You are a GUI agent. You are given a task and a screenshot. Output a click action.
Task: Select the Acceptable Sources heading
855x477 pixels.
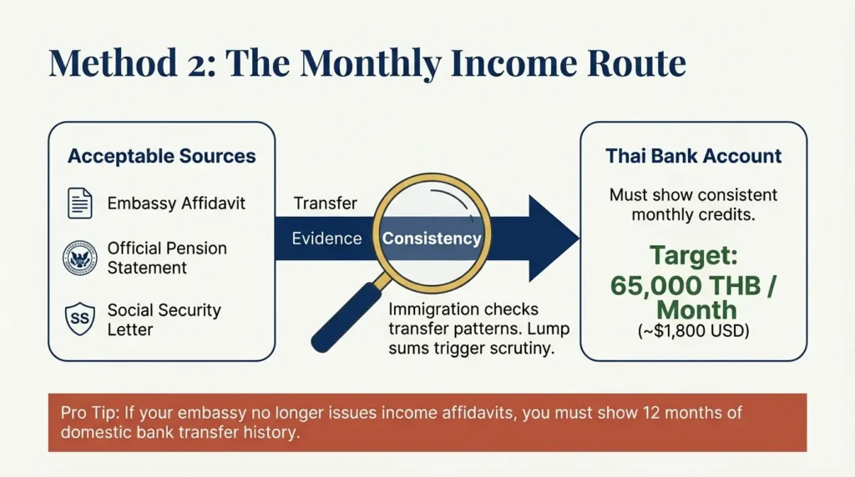coord(162,157)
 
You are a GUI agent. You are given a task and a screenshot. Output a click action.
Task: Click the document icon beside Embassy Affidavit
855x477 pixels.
coord(80,203)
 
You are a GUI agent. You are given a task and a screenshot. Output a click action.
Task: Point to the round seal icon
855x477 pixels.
coord(80,259)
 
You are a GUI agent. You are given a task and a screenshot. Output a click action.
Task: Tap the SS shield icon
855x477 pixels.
coord(80,319)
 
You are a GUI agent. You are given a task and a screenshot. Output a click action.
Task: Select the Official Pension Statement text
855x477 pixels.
coord(167,258)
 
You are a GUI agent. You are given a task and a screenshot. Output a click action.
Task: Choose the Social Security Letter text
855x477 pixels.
coord(164,319)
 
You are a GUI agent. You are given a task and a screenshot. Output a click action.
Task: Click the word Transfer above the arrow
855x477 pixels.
coord(326,203)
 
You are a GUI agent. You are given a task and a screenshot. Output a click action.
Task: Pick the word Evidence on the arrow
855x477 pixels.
coord(326,238)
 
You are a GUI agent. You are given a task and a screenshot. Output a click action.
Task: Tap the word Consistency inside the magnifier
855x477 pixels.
coord(432,238)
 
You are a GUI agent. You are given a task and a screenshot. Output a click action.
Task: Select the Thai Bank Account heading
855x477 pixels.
coord(693,156)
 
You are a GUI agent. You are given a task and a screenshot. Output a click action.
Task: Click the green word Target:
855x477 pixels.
coord(693,254)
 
